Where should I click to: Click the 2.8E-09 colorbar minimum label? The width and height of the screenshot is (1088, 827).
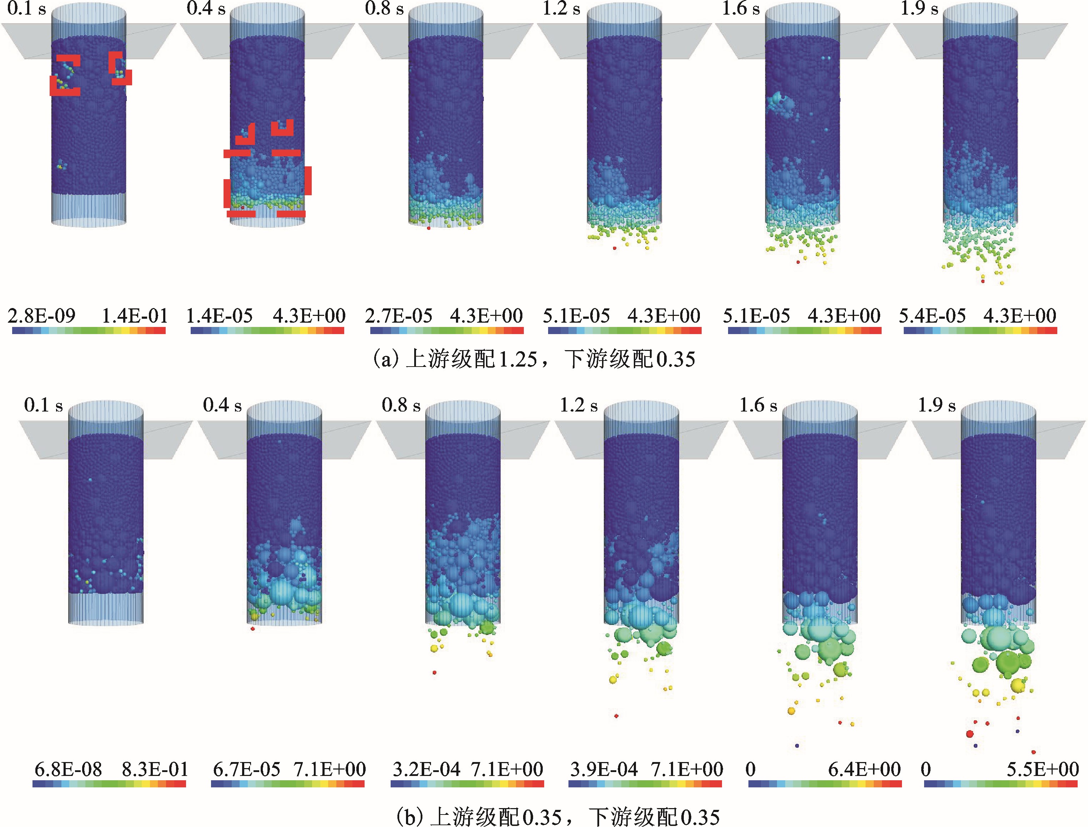(x=42, y=316)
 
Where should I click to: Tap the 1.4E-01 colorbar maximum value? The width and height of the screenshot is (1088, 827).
(x=135, y=316)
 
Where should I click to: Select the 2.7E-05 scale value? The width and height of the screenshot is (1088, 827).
(x=398, y=316)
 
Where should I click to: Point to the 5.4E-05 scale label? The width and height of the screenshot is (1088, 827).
(x=932, y=316)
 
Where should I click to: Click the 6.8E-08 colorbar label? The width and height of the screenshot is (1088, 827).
(x=69, y=769)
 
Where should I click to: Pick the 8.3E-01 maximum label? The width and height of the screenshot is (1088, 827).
(x=155, y=769)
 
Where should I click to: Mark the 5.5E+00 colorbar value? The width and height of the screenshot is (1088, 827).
(x=1043, y=769)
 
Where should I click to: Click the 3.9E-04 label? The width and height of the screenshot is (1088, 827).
(x=604, y=769)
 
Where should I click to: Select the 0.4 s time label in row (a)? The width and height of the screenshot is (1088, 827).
(x=206, y=8)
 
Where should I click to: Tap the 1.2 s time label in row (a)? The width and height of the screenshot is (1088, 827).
(x=561, y=8)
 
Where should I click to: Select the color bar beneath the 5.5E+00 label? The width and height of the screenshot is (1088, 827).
(x=1000, y=783)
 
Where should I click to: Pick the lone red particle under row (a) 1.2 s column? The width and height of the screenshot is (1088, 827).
(x=614, y=248)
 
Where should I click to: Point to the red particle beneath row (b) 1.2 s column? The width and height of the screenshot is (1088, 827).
(x=616, y=716)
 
